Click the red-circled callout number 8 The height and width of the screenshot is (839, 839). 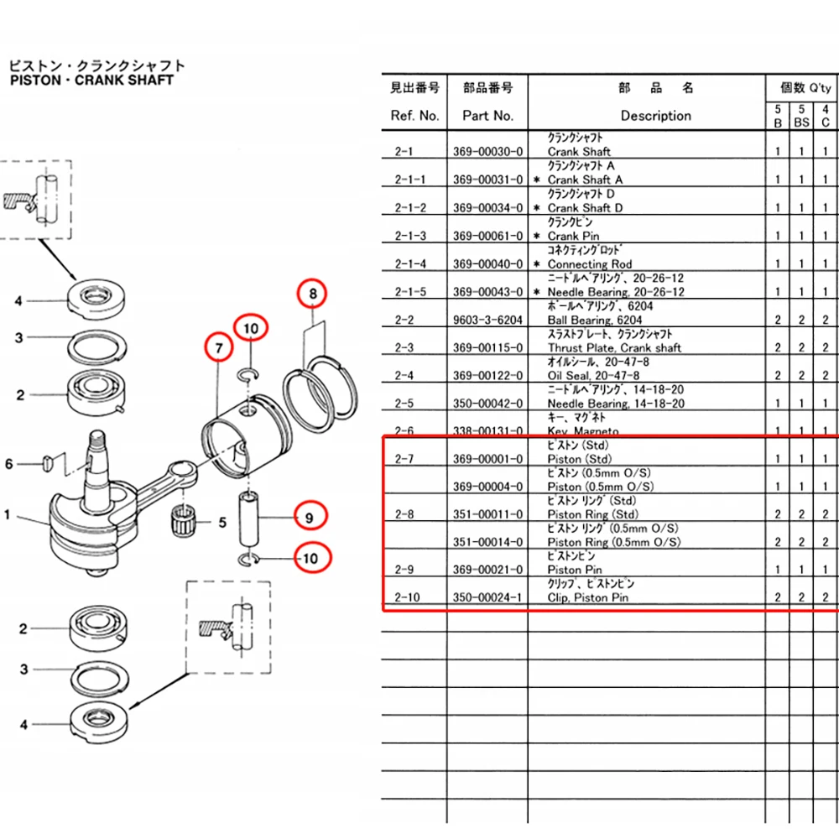313,294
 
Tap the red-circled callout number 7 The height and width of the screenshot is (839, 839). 218,347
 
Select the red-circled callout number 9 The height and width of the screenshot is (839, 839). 309,518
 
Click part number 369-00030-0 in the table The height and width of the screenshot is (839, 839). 487,152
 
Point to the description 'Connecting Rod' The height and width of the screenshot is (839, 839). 590,264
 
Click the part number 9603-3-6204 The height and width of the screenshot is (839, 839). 487,320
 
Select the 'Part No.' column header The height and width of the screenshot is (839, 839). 487,116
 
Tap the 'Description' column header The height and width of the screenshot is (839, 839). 655,116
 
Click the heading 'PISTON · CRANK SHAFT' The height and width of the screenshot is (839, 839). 91,80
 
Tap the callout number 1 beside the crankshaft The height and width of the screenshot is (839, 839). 8,514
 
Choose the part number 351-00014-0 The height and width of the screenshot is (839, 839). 487,542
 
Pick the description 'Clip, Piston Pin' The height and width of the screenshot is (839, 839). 587,597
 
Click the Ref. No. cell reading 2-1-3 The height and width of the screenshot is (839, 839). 410,236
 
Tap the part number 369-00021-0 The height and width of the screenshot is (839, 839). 487,570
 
